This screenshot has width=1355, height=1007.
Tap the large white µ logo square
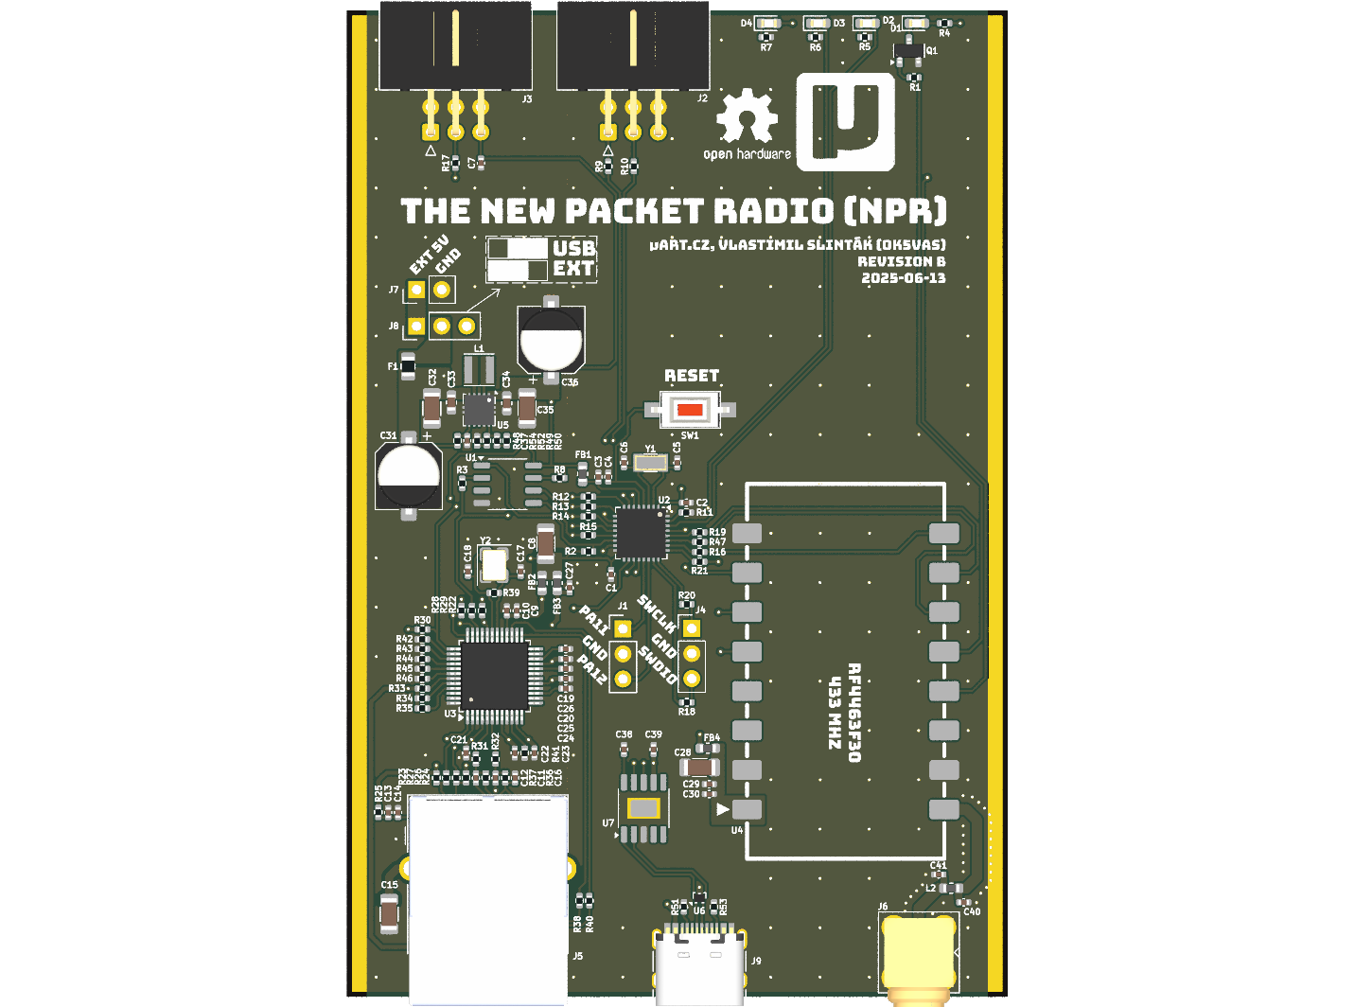click(x=845, y=122)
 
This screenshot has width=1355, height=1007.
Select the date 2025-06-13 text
click(x=903, y=278)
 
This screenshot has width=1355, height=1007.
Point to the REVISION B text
click(x=901, y=261)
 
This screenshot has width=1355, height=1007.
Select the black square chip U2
click(x=642, y=533)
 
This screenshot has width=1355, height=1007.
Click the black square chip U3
click(x=494, y=675)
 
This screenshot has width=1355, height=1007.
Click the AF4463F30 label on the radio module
click(x=853, y=712)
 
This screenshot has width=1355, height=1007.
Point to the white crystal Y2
click(x=493, y=565)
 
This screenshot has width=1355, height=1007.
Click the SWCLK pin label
click(x=657, y=614)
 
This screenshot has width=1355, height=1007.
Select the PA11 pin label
click(x=593, y=620)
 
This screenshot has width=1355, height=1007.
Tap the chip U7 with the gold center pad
click(x=643, y=808)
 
